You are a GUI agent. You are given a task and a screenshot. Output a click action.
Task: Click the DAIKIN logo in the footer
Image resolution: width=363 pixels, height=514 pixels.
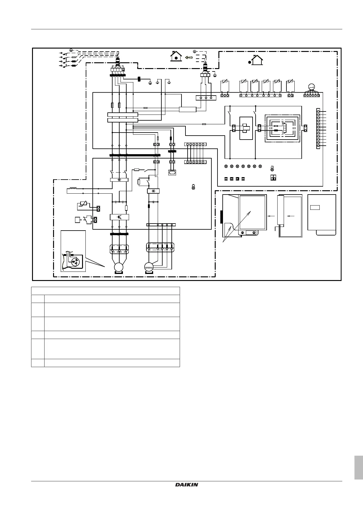click(187, 485)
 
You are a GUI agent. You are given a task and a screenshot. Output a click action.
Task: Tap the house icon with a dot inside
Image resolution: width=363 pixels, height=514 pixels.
click(176, 57)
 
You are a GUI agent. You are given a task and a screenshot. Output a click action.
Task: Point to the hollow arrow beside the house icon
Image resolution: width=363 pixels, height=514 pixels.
click(189, 57)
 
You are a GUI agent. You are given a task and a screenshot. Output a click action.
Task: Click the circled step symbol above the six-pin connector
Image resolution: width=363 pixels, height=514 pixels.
click(311, 87)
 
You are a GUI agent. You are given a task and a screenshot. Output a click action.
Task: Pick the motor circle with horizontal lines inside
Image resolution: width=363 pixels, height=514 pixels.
click(149, 267)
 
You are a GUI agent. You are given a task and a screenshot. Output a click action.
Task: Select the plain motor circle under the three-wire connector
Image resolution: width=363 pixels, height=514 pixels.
click(118, 267)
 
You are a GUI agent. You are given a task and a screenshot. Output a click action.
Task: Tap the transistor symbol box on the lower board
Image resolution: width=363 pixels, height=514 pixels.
click(119, 217)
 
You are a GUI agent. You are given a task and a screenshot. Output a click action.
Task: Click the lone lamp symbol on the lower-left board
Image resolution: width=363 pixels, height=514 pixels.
click(193, 187)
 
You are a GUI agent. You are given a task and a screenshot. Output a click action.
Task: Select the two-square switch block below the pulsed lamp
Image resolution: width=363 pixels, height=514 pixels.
click(273, 178)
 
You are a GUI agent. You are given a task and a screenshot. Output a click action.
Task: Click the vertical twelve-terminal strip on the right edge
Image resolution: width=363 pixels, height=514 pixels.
click(318, 128)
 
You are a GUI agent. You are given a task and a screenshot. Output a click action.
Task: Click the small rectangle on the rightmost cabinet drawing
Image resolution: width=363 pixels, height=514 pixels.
click(315, 208)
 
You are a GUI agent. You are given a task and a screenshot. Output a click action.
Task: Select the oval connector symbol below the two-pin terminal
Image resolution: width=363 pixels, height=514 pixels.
click(172, 173)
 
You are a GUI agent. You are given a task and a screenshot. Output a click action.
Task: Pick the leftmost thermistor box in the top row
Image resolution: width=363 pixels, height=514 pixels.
click(225, 86)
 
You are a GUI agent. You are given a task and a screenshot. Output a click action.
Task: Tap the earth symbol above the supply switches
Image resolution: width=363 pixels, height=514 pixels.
click(71, 50)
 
